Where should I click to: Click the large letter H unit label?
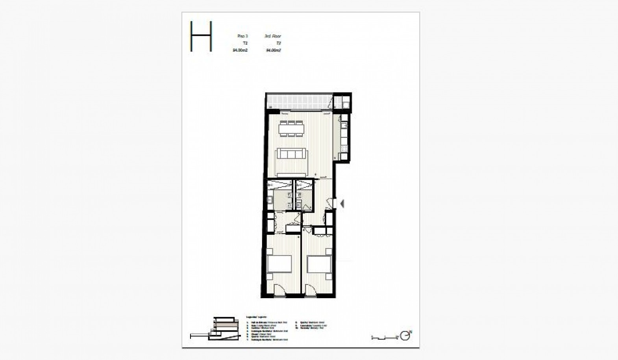201,36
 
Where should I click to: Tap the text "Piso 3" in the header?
242,36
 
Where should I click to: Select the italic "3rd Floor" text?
273,36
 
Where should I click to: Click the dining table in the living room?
291,129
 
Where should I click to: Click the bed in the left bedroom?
279,264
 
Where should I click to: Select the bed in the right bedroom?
319,264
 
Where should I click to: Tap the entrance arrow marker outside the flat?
342,204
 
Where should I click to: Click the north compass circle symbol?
404,336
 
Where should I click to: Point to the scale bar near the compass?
385,337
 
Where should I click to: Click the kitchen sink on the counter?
344,126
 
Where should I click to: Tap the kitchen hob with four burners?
344,148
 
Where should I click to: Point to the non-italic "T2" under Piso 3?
245,43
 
